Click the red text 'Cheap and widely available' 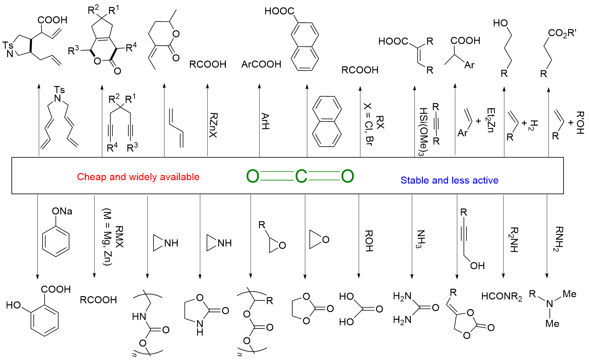138,177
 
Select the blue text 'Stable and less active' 449,180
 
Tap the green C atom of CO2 301,176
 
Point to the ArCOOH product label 261,64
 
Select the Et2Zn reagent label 491,120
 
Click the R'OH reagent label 580,123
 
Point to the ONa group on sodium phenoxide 62,211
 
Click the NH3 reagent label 420,239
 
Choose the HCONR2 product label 502,297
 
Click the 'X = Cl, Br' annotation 368,124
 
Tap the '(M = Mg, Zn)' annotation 107,237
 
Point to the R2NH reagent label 514,239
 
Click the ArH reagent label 265,121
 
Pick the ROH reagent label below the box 369,241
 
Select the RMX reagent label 119,237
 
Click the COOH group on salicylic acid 56,289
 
